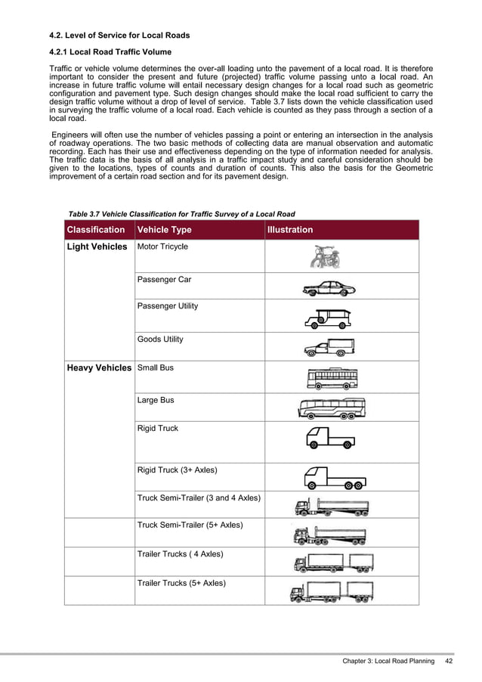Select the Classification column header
click(x=96, y=230)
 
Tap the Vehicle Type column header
click(x=164, y=230)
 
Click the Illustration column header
click(x=290, y=230)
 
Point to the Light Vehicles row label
click(x=97, y=247)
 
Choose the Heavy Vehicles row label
click(x=99, y=368)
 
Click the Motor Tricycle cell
click(x=162, y=247)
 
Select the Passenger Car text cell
click(x=164, y=280)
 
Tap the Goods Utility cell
click(x=160, y=339)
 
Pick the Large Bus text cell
click(x=156, y=400)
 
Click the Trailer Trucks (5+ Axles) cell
click(x=181, y=583)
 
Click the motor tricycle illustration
click(x=324, y=256)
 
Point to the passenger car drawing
click(x=328, y=289)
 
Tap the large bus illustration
click(x=332, y=408)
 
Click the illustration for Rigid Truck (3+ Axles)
click(x=334, y=478)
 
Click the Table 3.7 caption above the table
click(x=181, y=214)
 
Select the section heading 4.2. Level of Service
click(x=119, y=36)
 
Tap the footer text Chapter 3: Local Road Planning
click(x=388, y=662)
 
